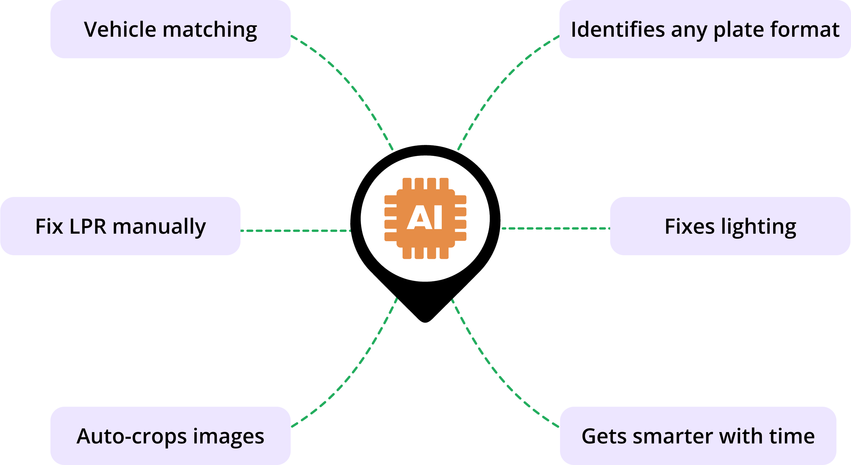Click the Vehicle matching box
[x=170, y=29]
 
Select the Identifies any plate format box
[x=705, y=29]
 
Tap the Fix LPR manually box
[x=120, y=226]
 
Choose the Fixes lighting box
[x=730, y=226]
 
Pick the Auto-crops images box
[x=170, y=436]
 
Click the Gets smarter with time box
[x=698, y=436]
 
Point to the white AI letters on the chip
[x=425, y=217]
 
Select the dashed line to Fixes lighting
[x=555, y=228]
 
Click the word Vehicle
[x=120, y=29]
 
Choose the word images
[x=228, y=437]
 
